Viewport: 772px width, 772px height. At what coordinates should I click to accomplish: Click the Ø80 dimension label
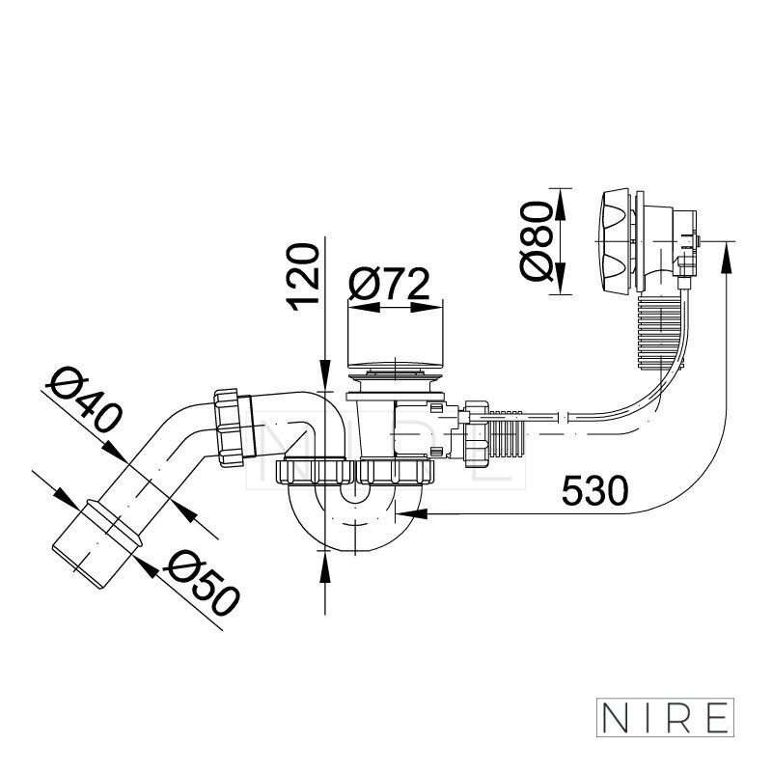pyautogui.click(x=536, y=241)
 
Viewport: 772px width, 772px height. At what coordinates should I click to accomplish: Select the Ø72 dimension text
pyautogui.click(x=389, y=284)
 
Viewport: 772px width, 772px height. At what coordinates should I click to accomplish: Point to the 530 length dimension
pyautogui.click(x=594, y=490)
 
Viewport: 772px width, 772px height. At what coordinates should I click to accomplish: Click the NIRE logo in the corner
pyautogui.click(x=665, y=717)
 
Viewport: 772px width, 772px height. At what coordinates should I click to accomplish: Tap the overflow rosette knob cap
pyautogui.click(x=616, y=241)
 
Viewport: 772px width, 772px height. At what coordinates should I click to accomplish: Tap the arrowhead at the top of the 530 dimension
pyautogui.click(x=727, y=257)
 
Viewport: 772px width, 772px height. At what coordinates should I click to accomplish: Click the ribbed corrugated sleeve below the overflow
pyautogui.click(x=661, y=332)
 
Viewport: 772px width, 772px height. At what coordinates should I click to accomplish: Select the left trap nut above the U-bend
pyautogui.click(x=316, y=472)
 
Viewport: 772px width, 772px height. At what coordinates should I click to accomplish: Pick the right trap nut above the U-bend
pyautogui.click(x=396, y=472)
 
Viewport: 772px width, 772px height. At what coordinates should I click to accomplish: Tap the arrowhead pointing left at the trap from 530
pyautogui.click(x=412, y=513)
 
